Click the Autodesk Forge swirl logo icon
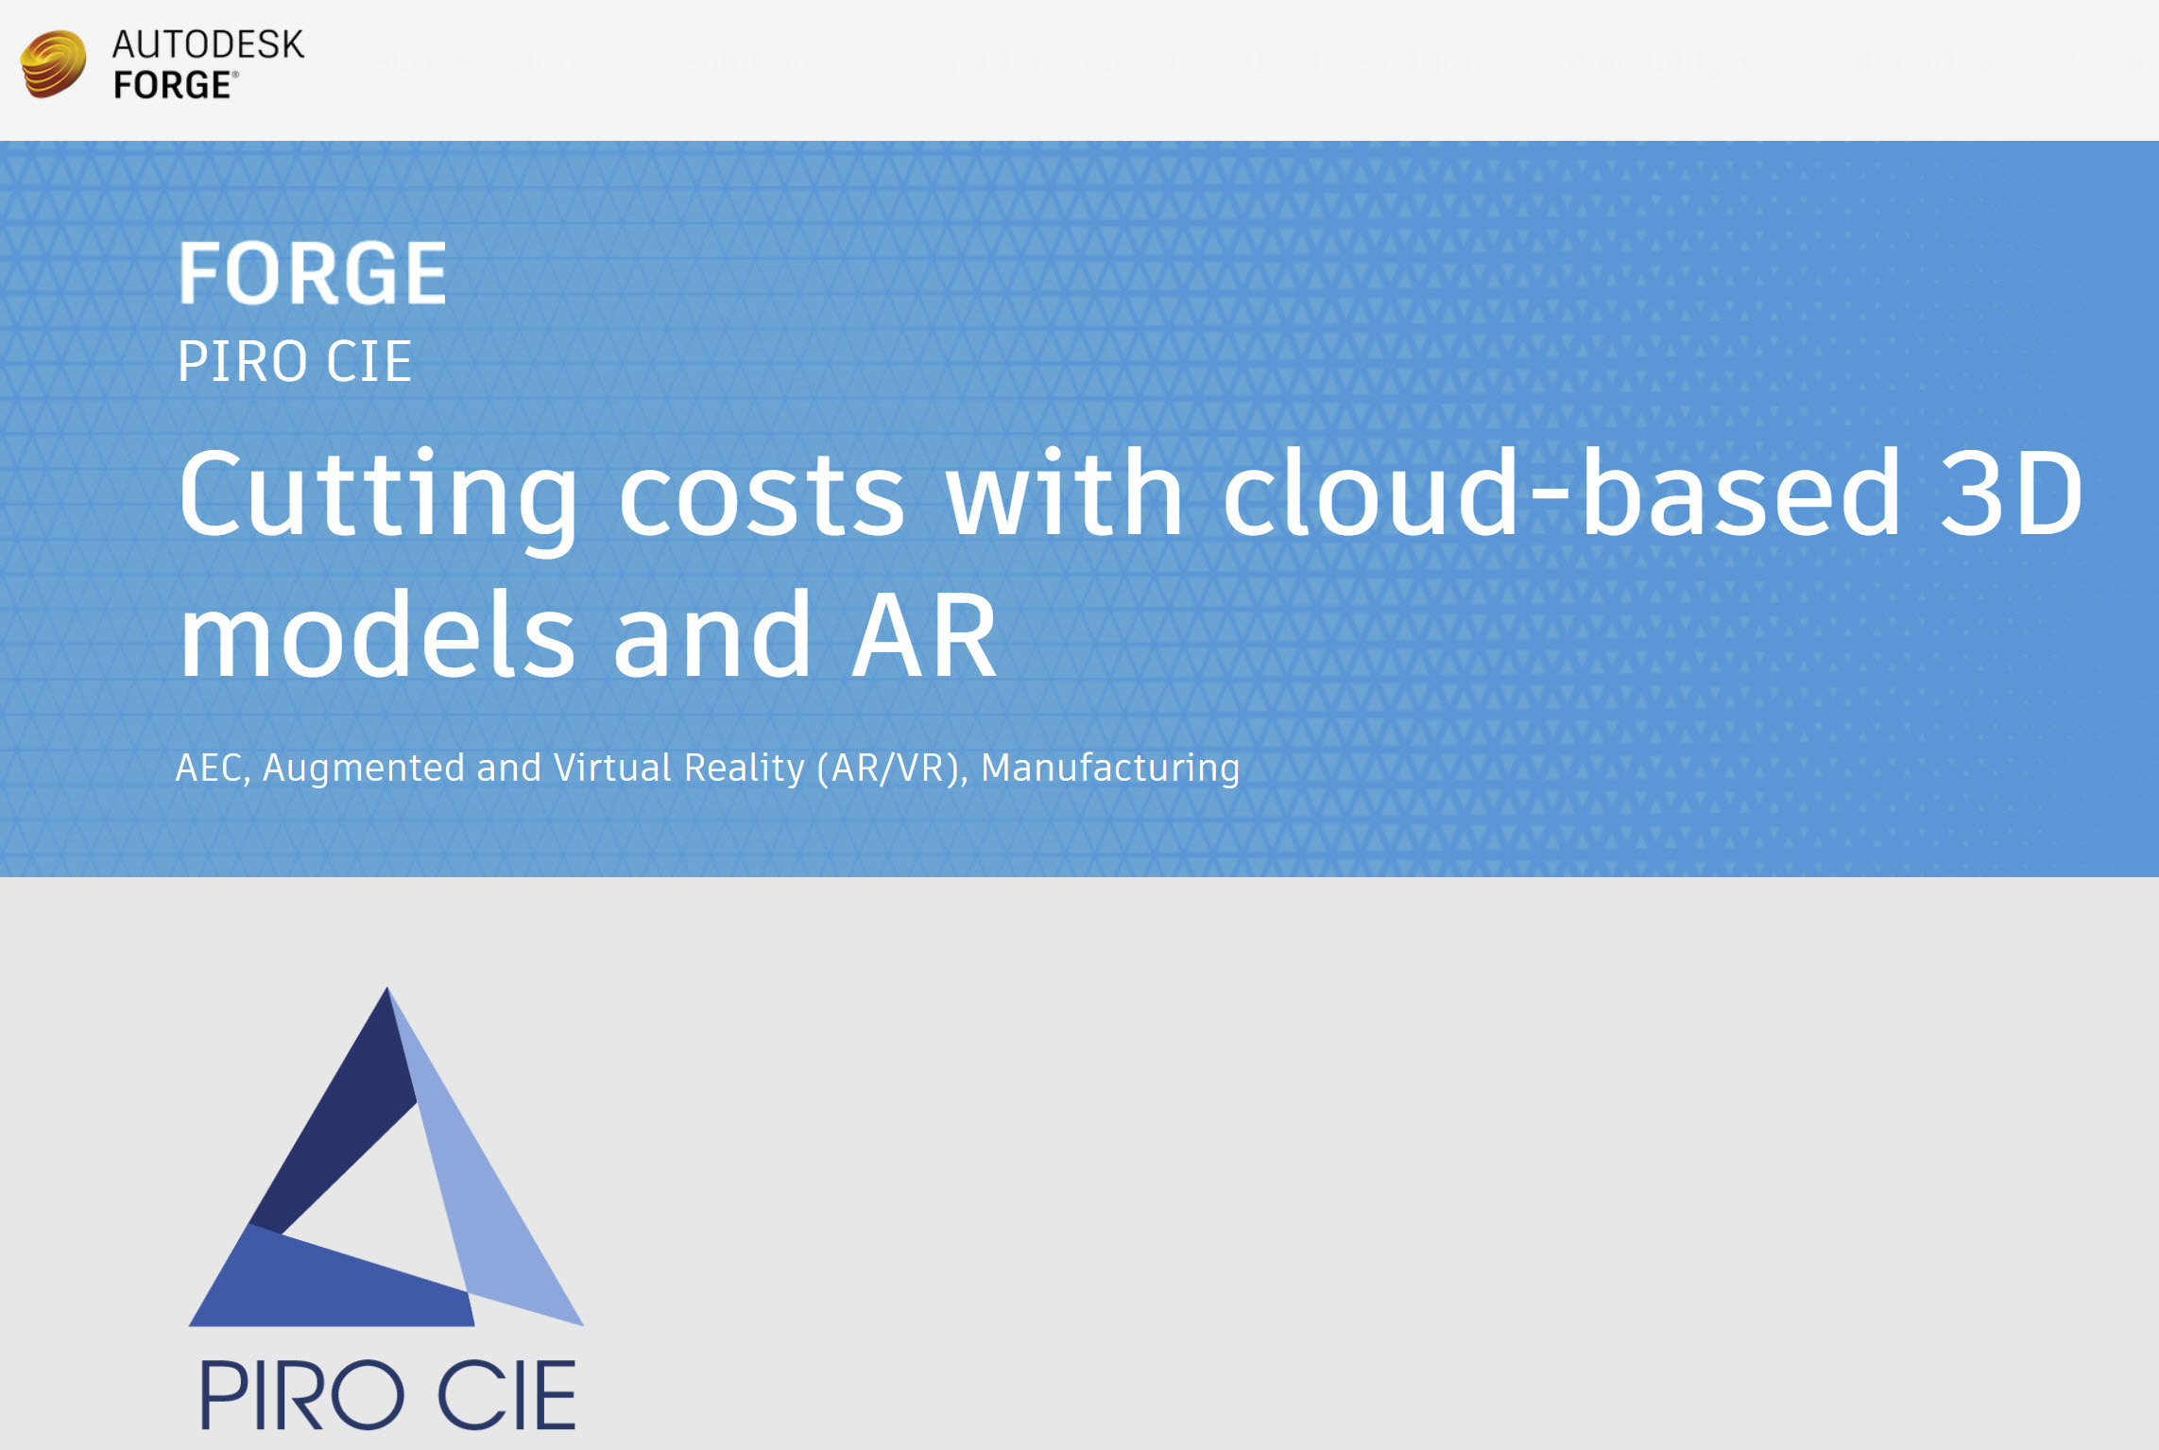tap(54, 64)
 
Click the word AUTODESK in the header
tap(208, 44)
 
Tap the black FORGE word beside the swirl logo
tap(173, 85)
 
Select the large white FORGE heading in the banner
tap(313, 272)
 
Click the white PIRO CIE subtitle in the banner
tap(295, 361)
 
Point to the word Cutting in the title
tap(377, 496)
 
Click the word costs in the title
tap(762, 496)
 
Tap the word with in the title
tap(1065, 492)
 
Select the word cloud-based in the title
tap(1561, 492)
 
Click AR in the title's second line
tap(924, 633)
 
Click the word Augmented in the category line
tap(363, 768)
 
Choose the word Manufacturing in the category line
tap(1110, 768)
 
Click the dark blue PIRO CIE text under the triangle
tap(387, 1394)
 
